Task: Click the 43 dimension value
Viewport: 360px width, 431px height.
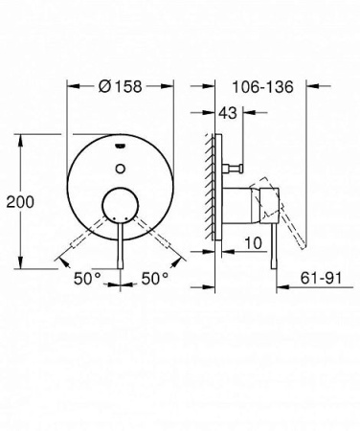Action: (227, 113)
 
